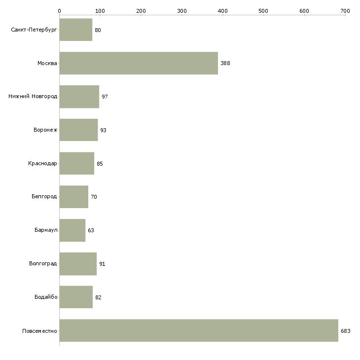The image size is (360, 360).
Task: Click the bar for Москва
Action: [139, 63]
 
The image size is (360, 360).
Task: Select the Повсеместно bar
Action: [199, 330]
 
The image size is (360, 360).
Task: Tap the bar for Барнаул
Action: [72, 230]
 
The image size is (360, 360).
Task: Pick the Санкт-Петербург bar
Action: [76, 30]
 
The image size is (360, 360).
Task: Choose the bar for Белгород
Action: [73, 197]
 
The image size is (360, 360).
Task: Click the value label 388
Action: [225, 63]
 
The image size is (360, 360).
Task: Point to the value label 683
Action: [346, 331]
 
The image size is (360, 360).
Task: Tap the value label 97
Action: [105, 97]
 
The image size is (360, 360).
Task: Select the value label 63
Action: [91, 230]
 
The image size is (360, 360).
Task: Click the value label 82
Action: [98, 297]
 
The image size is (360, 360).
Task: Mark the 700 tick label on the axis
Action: [345, 11]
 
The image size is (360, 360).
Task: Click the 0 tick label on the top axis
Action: [60, 11]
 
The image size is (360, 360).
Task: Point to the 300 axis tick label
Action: [182, 11]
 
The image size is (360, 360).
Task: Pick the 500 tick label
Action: [263, 11]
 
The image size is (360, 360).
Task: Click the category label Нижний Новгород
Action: [33, 96]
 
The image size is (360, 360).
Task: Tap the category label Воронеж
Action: [45, 130]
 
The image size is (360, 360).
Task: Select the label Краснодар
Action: [42, 163]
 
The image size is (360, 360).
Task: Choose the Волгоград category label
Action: [43, 263]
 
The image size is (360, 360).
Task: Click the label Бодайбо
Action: [46, 297]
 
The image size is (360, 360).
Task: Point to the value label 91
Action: [102, 264]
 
